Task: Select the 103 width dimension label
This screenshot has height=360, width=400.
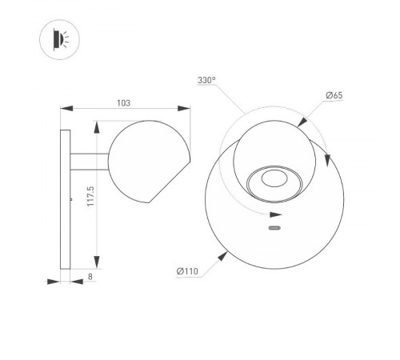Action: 124,102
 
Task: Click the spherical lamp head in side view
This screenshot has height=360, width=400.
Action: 146,161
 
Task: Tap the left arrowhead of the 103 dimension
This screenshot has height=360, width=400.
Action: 66,110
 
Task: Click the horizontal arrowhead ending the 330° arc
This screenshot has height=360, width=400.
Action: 276,215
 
